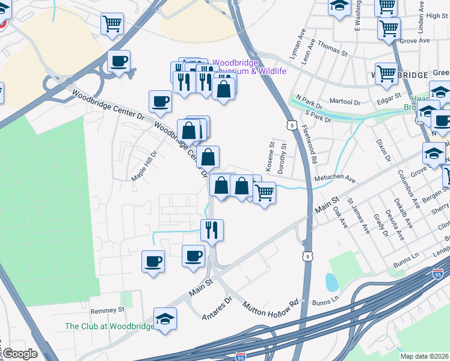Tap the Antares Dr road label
click(217, 307)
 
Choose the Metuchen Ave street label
click(335, 179)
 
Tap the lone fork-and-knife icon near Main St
click(212, 230)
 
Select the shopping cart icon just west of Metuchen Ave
click(264, 193)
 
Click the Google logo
click(19, 354)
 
